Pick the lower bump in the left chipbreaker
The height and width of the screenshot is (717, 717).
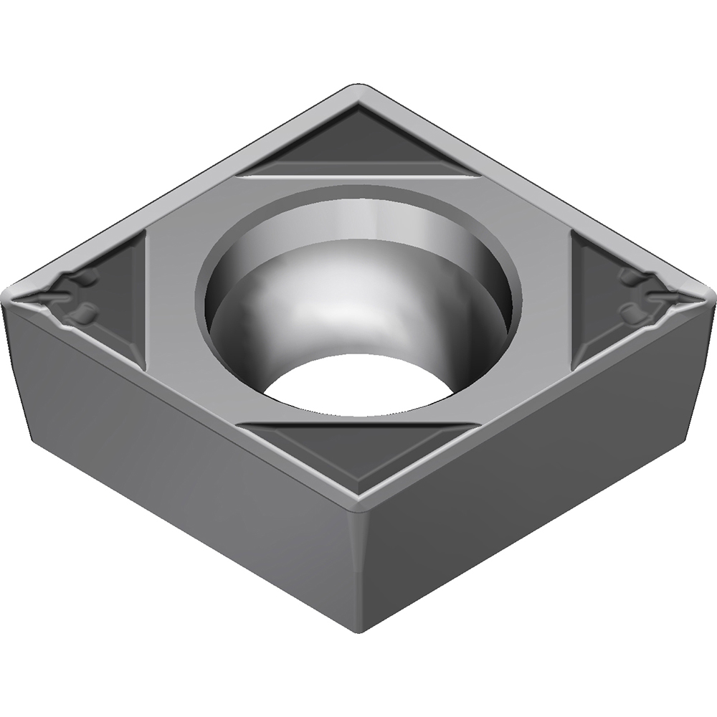[85, 312]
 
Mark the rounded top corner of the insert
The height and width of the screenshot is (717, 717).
[358, 89]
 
